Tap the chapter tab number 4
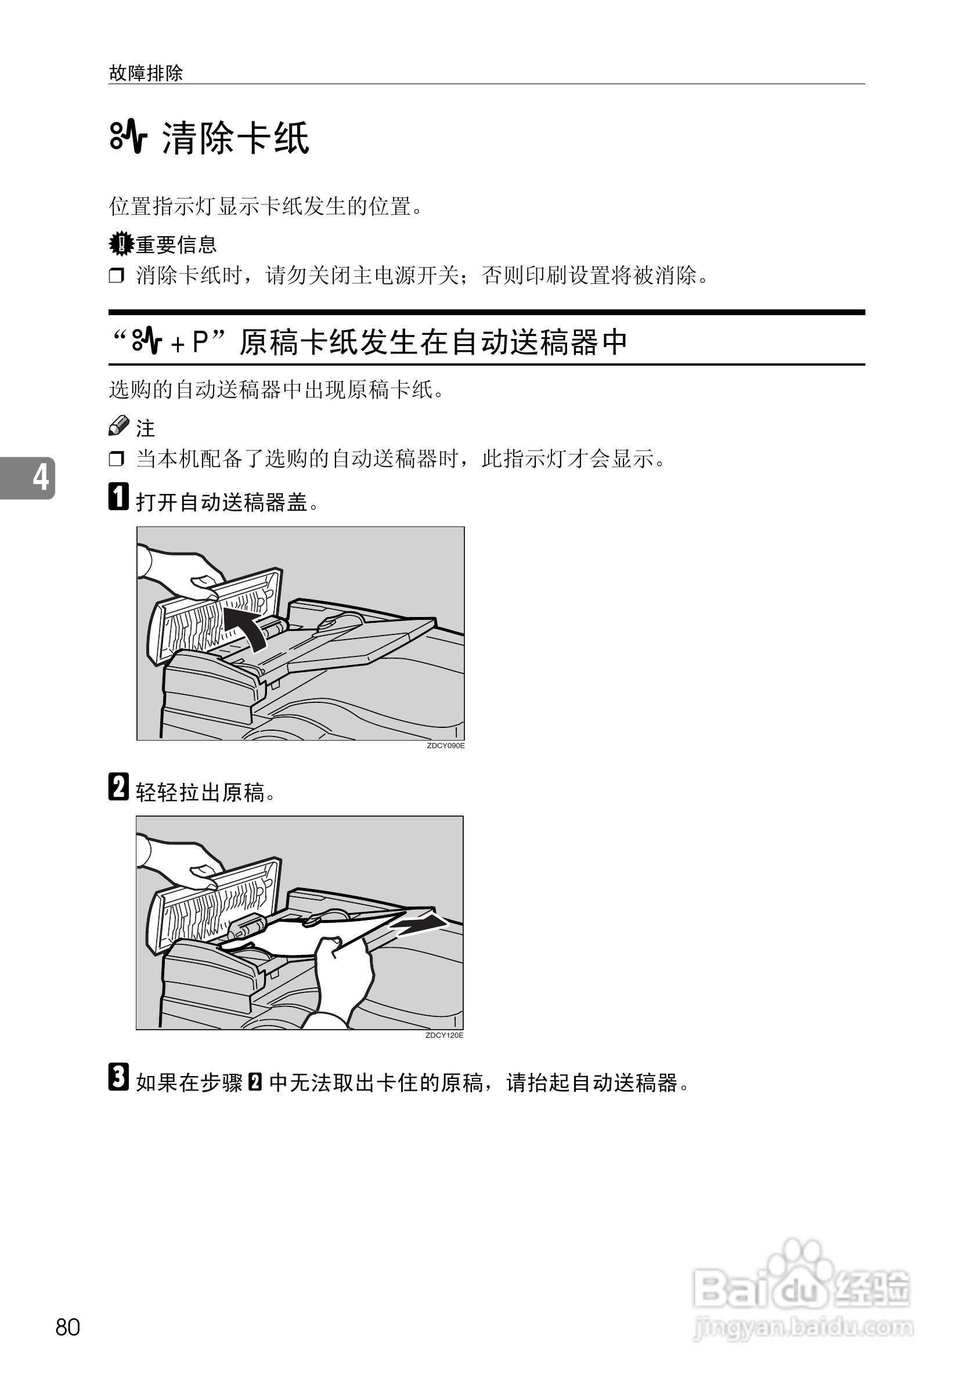[x=39, y=477]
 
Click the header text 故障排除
[x=146, y=74]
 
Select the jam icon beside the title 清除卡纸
[x=128, y=138]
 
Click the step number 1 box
[x=118, y=497]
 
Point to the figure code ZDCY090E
[x=445, y=746]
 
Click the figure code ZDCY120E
[x=444, y=1035]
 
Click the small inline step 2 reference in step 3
[x=255, y=1083]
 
